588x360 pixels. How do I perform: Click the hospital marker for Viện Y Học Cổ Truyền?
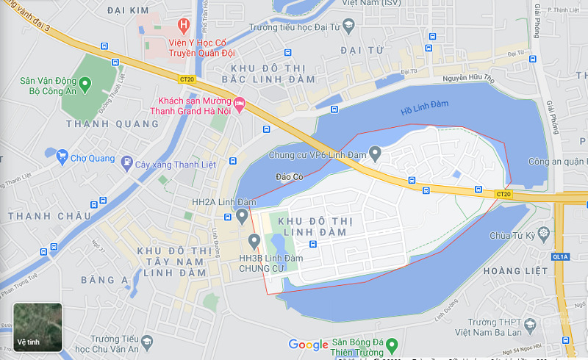click(183, 24)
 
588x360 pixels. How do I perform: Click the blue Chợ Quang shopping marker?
click(62, 157)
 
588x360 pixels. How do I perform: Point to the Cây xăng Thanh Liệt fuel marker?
click(127, 163)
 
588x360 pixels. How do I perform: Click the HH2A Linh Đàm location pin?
click(242, 215)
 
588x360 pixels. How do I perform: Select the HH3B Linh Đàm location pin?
click(254, 240)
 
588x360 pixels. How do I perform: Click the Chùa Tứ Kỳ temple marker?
click(543, 234)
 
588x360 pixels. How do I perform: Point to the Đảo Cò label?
click(290, 177)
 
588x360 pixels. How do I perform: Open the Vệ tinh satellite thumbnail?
click(37, 327)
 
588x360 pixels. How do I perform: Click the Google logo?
click(308, 345)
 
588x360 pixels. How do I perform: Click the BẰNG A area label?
click(104, 279)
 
